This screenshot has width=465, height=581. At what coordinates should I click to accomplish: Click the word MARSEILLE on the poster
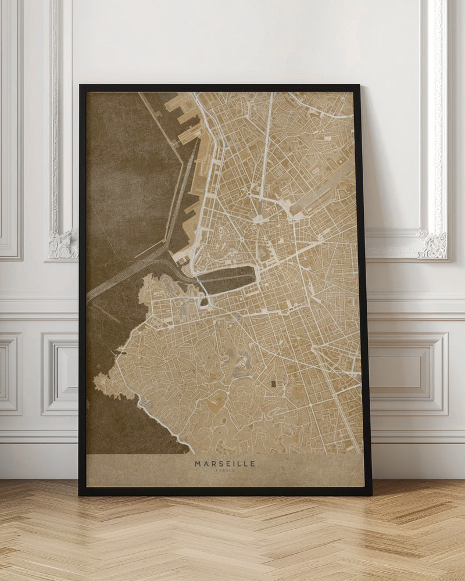(224, 464)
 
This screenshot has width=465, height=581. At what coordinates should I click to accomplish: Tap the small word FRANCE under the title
(224, 471)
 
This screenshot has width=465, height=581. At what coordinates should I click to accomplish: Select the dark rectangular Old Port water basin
(230, 279)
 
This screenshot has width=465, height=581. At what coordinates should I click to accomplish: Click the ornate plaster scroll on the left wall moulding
(63, 244)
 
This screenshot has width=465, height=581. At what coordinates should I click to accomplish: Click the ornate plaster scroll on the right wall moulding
(433, 245)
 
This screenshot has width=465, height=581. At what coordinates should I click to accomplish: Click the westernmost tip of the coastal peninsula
(96, 383)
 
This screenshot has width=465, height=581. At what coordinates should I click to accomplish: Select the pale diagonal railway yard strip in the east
(325, 192)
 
